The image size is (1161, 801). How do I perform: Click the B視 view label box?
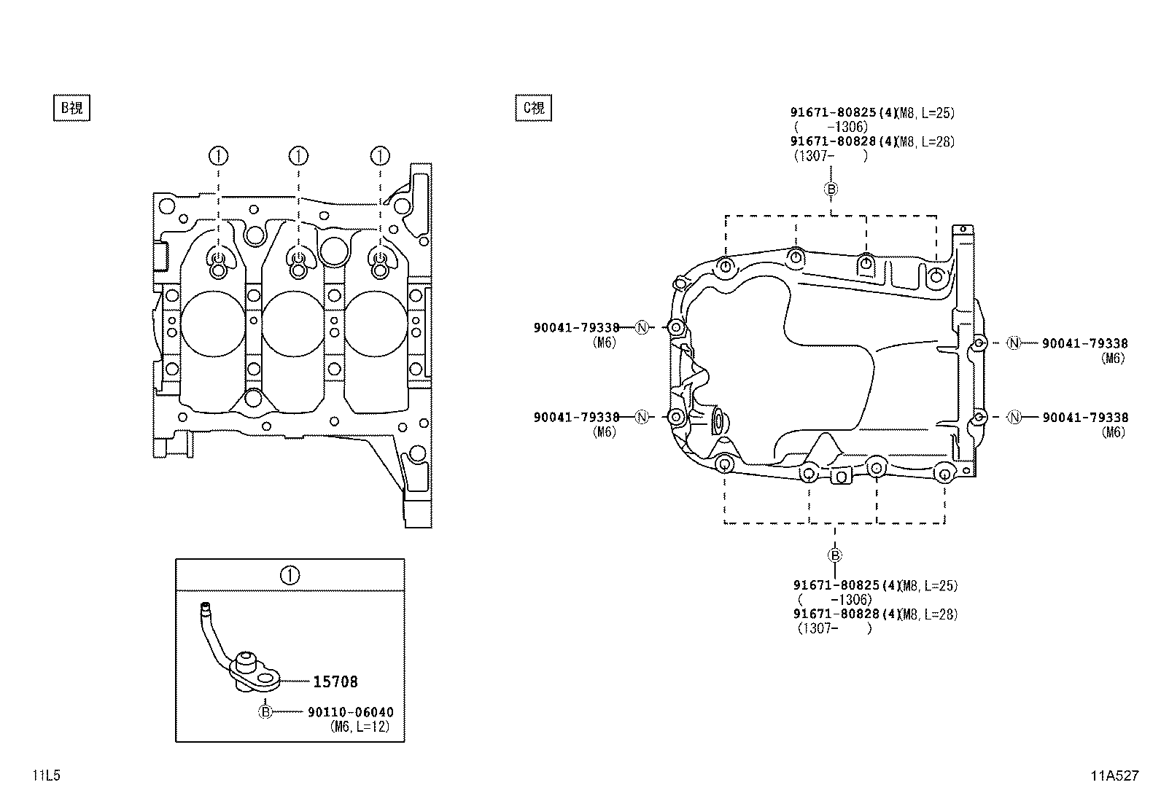71,108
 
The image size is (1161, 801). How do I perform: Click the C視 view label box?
533,108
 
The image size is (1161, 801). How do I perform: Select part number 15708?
335,682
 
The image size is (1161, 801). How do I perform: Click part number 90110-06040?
350,712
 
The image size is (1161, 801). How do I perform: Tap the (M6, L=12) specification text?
360,727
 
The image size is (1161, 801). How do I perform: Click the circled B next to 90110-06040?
265,712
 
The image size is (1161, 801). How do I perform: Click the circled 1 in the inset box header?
290,576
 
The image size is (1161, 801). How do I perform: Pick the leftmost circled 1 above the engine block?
218,155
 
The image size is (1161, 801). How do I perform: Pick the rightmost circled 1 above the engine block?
380,155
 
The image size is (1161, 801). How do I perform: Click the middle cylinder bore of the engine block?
293,324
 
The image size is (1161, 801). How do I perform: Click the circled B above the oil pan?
831,189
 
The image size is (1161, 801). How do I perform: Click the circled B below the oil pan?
834,555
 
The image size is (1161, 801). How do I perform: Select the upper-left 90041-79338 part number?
576,328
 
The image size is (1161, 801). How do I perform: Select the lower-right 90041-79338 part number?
1084,418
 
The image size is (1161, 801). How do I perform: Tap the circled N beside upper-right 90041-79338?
1014,343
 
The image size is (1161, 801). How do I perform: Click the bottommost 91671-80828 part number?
836,614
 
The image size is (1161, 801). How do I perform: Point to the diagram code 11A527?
1114,775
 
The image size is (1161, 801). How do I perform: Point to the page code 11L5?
46,775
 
